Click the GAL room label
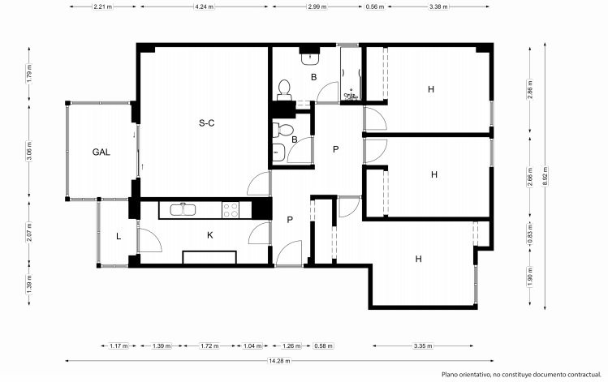pyautogui.click(x=101, y=152)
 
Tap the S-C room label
pyautogui.click(x=207, y=123)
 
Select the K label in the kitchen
pyautogui.click(x=210, y=235)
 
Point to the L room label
pyautogui.click(x=119, y=236)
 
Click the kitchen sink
pyautogui.click(x=183, y=209)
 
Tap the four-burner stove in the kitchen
pyautogui.click(x=231, y=210)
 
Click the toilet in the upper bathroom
pyautogui.click(x=284, y=90)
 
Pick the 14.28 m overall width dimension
pyautogui.click(x=279, y=361)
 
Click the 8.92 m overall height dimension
pyautogui.click(x=545, y=176)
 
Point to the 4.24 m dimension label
pyautogui.click(x=205, y=6)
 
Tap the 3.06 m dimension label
pyautogui.click(x=29, y=152)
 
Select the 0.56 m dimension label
pyautogui.click(x=375, y=6)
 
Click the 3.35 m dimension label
pyautogui.click(x=423, y=346)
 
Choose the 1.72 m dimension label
pyautogui.click(x=209, y=346)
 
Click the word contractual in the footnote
pyautogui.click(x=584, y=375)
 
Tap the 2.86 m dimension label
pyautogui.click(x=530, y=89)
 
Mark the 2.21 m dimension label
pyautogui.click(x=103, y=6)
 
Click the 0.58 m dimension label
pyautogui.click(x=323, y=346)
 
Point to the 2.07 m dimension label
pyautogui.click(x=29, y=232)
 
